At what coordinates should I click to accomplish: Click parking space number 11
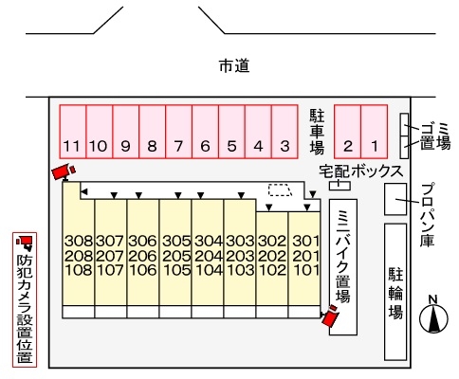click(x=72, y=146)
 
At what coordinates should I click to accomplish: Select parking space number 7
click(x=178, y=146)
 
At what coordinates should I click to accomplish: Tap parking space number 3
click(x=284, y=146)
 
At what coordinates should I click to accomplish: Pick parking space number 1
click(x=375, y=146)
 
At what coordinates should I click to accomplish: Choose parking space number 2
click(x=348, y=146)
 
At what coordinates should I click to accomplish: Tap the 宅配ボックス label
click(x=360, y=171)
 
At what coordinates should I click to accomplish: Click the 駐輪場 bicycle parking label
click(x=396, y=294)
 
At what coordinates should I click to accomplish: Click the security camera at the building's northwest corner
click(x=64, y=171)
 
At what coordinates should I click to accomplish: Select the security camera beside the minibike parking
click(x=331, y=316)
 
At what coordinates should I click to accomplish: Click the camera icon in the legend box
click(x=25, y=244)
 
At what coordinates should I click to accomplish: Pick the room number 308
click(x=79, y=241)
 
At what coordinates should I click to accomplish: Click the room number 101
click(x=305, y=268)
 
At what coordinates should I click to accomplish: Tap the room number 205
click(x=176, y=255)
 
